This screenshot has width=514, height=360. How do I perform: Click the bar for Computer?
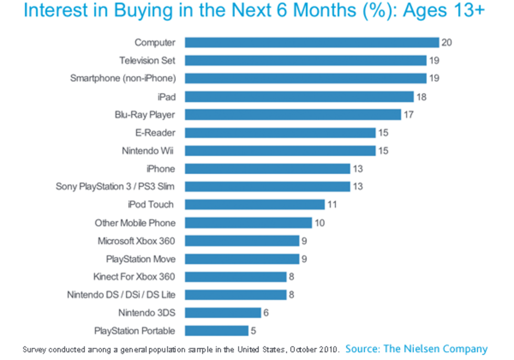tap(312, 43)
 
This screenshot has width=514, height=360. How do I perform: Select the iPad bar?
tap(299, 97)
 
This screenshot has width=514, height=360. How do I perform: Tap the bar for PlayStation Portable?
tap(216, 331)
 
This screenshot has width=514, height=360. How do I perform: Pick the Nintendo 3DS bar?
tap(222, 313)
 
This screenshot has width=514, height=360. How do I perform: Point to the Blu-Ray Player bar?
tap(293, 114)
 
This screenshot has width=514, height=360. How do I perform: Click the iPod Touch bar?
tap(254, 205)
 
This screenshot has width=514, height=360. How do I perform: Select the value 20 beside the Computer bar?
tap(446, 43)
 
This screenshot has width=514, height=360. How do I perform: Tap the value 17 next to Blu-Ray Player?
tap(409, 114)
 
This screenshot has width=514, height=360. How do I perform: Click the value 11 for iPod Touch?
tap(332, 205)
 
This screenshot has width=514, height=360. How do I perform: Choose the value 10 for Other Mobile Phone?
tap(319, 223)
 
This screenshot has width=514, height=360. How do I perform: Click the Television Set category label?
tap(147, 60)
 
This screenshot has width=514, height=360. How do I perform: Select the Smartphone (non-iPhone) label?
tap(123, 79)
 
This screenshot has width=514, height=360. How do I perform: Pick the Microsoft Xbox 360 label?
tap(136, 241)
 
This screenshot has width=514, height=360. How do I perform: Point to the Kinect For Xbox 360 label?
tap(134, 277)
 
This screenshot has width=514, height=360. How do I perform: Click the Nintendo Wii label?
tap(147, 151)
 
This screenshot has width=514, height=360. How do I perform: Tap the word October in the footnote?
tap(305, 349)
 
